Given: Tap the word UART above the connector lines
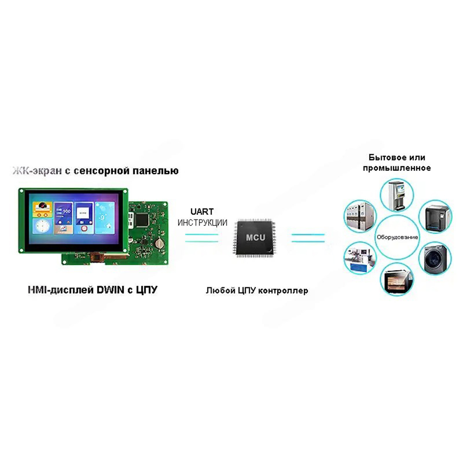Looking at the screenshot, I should coord(202,212).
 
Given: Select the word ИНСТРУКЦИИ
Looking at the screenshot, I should coord(202,223).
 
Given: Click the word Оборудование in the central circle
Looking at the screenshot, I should coord(397,237).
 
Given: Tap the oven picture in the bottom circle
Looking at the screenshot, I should coord(396,279).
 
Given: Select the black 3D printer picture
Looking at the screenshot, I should coord(435,216).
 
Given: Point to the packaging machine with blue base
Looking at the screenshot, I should coord(359,259).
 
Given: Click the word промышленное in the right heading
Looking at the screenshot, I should coord(397,168).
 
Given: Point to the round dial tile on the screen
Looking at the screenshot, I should coord(42,227).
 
